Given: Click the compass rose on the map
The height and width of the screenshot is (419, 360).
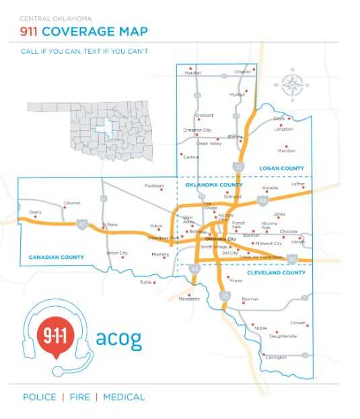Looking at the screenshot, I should (x=291, y=85).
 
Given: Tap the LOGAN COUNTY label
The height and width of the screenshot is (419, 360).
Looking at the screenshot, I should (x=281, y=168).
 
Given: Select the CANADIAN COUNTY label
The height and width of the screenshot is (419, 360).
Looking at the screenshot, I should (x=57, y=257).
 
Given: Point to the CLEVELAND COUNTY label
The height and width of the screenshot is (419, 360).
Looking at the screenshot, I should (x=276, y=273).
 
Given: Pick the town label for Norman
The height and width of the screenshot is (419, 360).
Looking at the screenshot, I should (x=250, y=299).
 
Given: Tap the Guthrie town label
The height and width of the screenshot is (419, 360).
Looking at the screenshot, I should (x=235, y=137).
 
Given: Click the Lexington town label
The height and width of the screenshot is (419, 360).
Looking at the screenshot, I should (x=276, y=357).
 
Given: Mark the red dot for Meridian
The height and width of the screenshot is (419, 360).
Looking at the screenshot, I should (x=286, y=145).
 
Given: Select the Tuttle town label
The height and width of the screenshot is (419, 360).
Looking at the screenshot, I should (x=146, y=282).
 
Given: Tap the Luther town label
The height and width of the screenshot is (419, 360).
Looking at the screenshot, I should (x=297, y=184).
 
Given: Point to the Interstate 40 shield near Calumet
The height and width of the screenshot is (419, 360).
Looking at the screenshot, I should (x=81, y=225).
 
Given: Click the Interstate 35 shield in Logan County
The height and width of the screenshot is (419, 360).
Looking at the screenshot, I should (x=238, y=165).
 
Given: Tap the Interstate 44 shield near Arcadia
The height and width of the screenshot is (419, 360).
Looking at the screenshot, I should (x=261, y=200).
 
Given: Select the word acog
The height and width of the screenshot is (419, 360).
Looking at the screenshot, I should (x=118, y=338).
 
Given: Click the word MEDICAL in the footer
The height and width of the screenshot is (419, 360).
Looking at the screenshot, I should (x=123, y=397).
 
